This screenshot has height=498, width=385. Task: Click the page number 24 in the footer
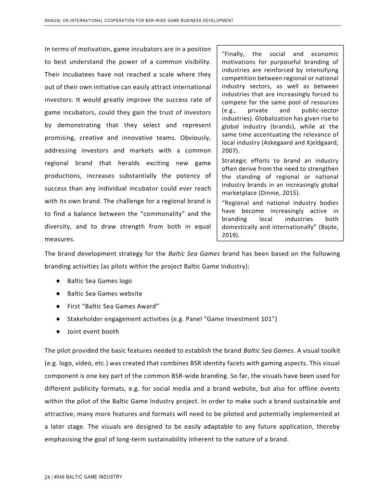coord(47,477)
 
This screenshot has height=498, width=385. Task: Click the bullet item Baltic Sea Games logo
coord(99,281)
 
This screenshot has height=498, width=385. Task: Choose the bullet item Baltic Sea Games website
coord(104,294)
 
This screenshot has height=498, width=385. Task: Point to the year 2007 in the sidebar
coord(229,151)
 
